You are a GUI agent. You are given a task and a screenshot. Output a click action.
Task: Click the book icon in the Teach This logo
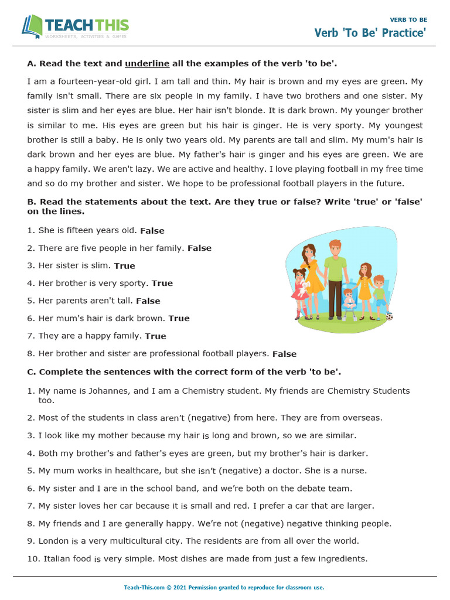pos(32,26)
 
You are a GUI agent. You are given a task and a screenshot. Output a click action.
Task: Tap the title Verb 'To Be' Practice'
pos(370,33)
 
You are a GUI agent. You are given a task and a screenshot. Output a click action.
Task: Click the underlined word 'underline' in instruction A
pos(147,63)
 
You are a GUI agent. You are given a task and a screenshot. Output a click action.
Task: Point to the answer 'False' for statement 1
pos(152,231)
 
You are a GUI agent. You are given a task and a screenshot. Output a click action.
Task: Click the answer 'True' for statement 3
pos(124,266)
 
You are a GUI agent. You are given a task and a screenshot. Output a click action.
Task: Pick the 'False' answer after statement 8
pos(284,354)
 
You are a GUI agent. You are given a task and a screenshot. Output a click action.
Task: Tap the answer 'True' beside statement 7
pos(155,336)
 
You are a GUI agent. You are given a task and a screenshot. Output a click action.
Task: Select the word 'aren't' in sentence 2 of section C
pos(172,418)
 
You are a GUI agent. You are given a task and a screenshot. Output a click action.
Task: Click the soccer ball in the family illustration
pos(390,316)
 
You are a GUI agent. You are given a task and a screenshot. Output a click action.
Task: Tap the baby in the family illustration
pos(349,301)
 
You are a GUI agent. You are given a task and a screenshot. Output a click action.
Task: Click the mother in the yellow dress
pos(310,275)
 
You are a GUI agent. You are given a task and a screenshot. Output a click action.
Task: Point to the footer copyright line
pos(224,587)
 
